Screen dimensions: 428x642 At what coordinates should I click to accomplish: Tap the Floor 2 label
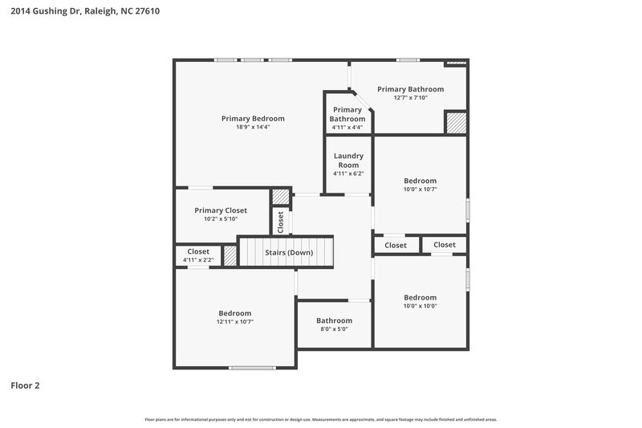click(x=25, y=385)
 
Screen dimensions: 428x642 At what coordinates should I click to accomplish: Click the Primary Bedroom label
click(x=253, y=118)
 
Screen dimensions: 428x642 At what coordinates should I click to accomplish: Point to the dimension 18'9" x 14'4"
click(x=253, y=127)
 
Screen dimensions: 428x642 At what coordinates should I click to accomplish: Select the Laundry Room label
click(x=348, y=161)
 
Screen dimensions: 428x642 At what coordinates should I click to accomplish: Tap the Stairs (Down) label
click(x=289, y=253)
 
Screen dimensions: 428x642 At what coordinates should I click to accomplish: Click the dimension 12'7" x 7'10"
click(x=410, y=98)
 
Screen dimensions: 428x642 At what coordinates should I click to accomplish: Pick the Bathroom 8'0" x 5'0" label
click(x=333, y=320)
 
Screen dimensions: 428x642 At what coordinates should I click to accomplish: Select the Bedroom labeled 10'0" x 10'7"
click(x=420, y=181)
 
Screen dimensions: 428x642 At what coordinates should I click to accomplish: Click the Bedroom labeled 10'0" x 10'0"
click(x=420, y=297)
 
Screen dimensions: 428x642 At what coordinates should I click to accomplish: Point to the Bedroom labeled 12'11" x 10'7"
click(x=234, y=313)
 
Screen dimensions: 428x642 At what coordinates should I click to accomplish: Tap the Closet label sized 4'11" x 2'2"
click(x=197, y=251)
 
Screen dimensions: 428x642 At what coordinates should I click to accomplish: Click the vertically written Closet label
click(x=280, y=222)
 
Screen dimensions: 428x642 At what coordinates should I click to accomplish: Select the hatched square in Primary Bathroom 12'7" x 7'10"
click(x=456, y=123)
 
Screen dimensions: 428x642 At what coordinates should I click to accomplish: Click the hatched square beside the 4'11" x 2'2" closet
click(x=230, y=256)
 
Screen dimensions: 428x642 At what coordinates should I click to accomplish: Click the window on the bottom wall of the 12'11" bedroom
click(x=252, y=368)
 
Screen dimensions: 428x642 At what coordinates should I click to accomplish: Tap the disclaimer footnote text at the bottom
click(x=320, y=419)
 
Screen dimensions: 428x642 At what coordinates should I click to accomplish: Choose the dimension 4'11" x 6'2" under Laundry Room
click(x=348, y=173)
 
